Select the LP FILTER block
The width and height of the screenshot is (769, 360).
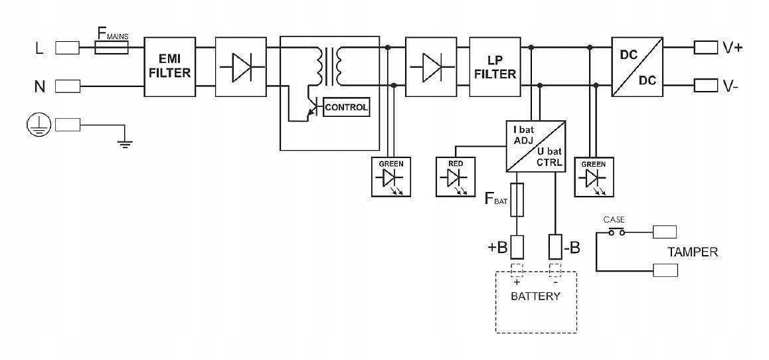click(495, 66)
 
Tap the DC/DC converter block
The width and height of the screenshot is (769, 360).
click(637, 66)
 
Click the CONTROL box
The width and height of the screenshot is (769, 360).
click(346, 107)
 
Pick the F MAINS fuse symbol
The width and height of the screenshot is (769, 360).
click(112, 48)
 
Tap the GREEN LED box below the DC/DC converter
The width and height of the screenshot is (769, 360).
click(594, 176)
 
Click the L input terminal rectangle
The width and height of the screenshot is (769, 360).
click(67, 48)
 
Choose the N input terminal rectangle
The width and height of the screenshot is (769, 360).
click(67, 86)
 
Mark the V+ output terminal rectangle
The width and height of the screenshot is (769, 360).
click(705, 48)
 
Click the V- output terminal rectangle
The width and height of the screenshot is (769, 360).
click(705, 86)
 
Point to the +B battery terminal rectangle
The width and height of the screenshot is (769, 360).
click(518, 247)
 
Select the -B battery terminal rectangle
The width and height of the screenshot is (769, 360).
click(556, 247)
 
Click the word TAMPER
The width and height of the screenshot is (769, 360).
click(693, 252)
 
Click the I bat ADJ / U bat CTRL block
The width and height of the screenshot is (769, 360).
click(536, 146)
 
